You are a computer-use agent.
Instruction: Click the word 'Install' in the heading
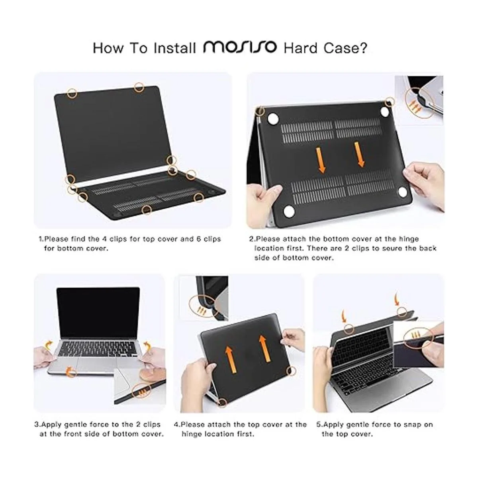pyautogui.click(x=174, y=48)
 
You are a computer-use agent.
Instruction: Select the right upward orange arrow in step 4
pyautogui.click(x=264, y=349)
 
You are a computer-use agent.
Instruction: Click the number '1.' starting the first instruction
pyautogui.click(x=41, y=239)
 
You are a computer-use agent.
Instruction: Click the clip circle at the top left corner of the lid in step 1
pyautogui.click(x=72, y=93)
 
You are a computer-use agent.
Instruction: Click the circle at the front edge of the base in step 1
pyautogui.click(x=147, y=210)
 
